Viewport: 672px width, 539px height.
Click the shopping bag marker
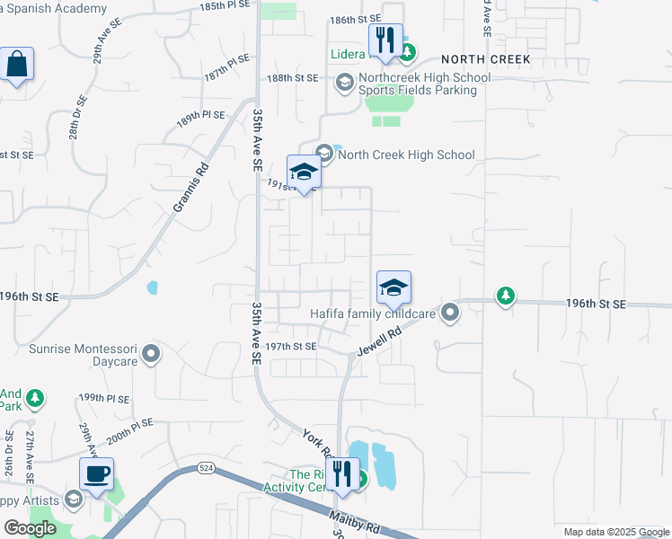17,65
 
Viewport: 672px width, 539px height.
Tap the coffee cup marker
96,473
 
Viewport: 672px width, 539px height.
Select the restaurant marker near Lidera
385,41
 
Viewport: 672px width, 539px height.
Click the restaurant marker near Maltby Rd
342,475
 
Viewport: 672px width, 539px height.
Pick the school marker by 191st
304,172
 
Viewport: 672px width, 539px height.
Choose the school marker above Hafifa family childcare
393,288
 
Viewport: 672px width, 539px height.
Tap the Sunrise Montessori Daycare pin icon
152,353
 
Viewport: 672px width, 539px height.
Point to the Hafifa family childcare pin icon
450,313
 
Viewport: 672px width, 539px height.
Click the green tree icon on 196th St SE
506,296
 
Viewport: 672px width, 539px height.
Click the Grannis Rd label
190,187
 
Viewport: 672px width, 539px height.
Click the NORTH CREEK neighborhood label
486,59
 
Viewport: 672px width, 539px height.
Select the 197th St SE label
292,346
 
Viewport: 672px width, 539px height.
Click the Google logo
30,528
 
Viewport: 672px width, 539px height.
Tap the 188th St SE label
293,78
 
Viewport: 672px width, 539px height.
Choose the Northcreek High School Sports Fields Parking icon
344,84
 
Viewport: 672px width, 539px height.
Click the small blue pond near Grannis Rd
152,288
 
